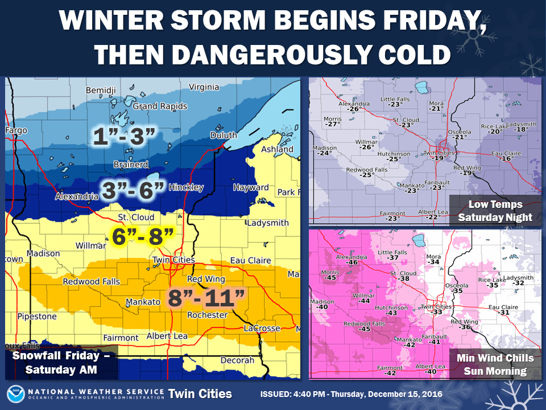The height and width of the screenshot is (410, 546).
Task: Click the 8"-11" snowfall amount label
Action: (208, 297)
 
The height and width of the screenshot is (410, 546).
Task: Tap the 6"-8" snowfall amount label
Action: (137, 236)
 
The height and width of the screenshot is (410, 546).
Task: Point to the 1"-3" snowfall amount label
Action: (125, 137)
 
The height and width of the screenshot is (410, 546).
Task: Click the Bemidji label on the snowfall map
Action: (100, 91)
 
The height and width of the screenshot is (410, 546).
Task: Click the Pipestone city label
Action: (37, 316)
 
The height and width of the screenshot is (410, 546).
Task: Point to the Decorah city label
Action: (238, 360)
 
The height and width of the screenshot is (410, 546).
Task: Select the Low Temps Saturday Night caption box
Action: (495, 211)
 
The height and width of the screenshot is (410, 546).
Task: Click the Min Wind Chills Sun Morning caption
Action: (495, 364)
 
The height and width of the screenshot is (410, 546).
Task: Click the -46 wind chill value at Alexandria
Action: (352, 263)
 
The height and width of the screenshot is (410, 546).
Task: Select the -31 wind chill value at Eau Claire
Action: (503, 313)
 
